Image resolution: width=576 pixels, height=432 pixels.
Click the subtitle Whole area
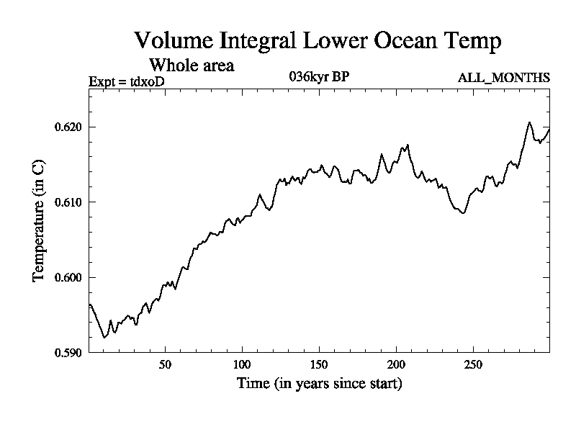(191, 66)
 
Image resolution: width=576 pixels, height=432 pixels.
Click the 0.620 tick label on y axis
(68, 127)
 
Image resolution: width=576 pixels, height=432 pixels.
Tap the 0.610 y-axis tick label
(68, 202)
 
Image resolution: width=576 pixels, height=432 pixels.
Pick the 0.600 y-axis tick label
(68, 277)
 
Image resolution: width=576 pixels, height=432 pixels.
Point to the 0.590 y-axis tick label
(68, 352)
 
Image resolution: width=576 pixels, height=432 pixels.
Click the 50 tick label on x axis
(165, 365)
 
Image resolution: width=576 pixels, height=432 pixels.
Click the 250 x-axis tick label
(473, 365)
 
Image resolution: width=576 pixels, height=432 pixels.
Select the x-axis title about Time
(320, 383)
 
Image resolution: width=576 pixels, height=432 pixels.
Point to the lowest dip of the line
(104, 337)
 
